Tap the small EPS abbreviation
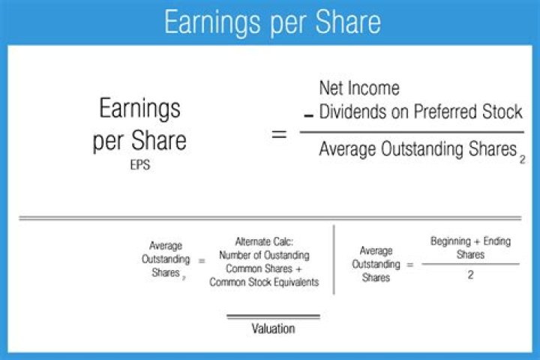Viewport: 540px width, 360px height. point(140,166)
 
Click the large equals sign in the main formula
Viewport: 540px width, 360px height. point(278,136)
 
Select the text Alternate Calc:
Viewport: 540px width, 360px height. point(264,241)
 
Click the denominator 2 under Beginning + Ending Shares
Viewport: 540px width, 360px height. point(471,276)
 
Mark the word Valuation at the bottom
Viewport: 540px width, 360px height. point(273,328)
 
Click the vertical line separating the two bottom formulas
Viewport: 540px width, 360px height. point(334,259)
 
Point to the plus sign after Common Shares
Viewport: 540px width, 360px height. point(301,268)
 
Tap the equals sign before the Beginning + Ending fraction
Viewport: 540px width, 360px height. point(410,265)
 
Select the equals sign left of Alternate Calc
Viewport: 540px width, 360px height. point(200,260)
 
